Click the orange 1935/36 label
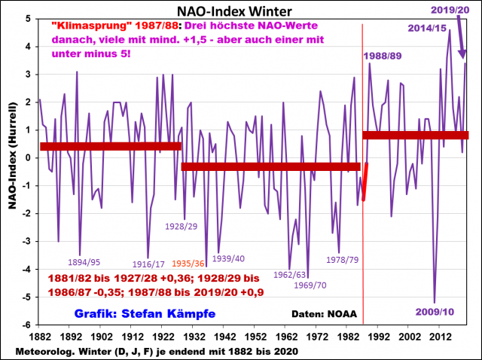pos(188,264)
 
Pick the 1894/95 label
pos(84,263)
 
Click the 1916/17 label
pos(148,264)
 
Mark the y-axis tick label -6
pos(28,325)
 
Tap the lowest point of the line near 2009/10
pos(434,302)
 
